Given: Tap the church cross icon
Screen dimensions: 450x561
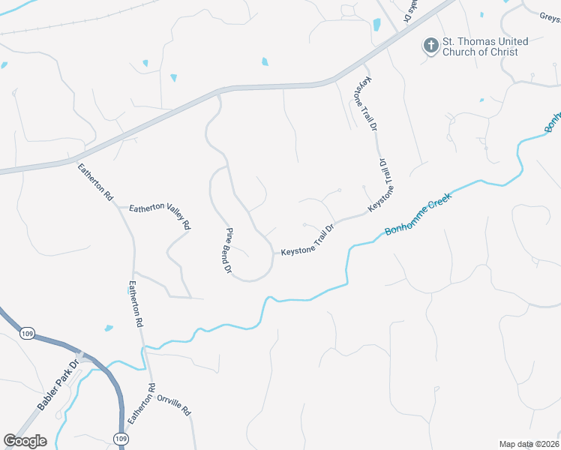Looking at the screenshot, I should coord(430,46).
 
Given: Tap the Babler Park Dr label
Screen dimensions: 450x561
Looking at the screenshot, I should coord(58,386).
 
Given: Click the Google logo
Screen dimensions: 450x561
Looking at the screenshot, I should coord(25,441).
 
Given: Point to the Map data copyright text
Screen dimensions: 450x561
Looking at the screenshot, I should coord(528,444).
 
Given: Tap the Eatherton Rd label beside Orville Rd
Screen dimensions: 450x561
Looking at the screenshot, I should coord(141,403).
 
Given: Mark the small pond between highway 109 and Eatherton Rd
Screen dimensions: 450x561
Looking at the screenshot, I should coord(109,328).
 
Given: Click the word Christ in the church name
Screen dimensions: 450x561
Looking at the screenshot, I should coord(512,52).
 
